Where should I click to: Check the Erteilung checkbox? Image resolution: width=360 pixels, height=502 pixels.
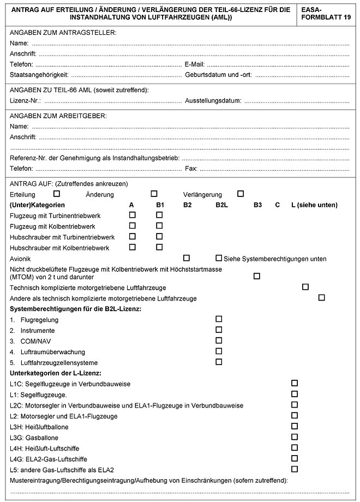point(56,194)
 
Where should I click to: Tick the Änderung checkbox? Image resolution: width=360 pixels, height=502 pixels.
point(154,194)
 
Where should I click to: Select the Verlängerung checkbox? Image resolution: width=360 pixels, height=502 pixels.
point(241,194)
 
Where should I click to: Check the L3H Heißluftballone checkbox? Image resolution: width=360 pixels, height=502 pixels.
point(295,426)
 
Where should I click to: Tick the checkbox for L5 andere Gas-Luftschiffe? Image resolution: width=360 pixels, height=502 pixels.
point(295,469)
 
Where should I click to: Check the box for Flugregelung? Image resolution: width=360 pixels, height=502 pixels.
point(219,319)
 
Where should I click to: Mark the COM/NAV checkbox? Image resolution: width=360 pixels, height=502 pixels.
point(219,340)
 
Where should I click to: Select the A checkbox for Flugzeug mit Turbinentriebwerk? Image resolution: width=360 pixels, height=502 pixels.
point(132,215)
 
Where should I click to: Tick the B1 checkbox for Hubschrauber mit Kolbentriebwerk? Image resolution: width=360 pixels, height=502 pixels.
point(159,247)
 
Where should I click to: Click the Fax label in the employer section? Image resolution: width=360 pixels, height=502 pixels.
point(191,169)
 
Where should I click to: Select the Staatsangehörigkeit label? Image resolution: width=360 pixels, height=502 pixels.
point(39,74)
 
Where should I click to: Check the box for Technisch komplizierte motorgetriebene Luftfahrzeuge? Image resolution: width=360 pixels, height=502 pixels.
point(305,286)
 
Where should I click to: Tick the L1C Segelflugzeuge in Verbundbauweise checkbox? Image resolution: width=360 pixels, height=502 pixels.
point(295,383)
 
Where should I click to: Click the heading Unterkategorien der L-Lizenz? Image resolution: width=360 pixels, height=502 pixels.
point(55,373)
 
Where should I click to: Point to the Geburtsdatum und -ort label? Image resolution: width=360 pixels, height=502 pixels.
point(218,74)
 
